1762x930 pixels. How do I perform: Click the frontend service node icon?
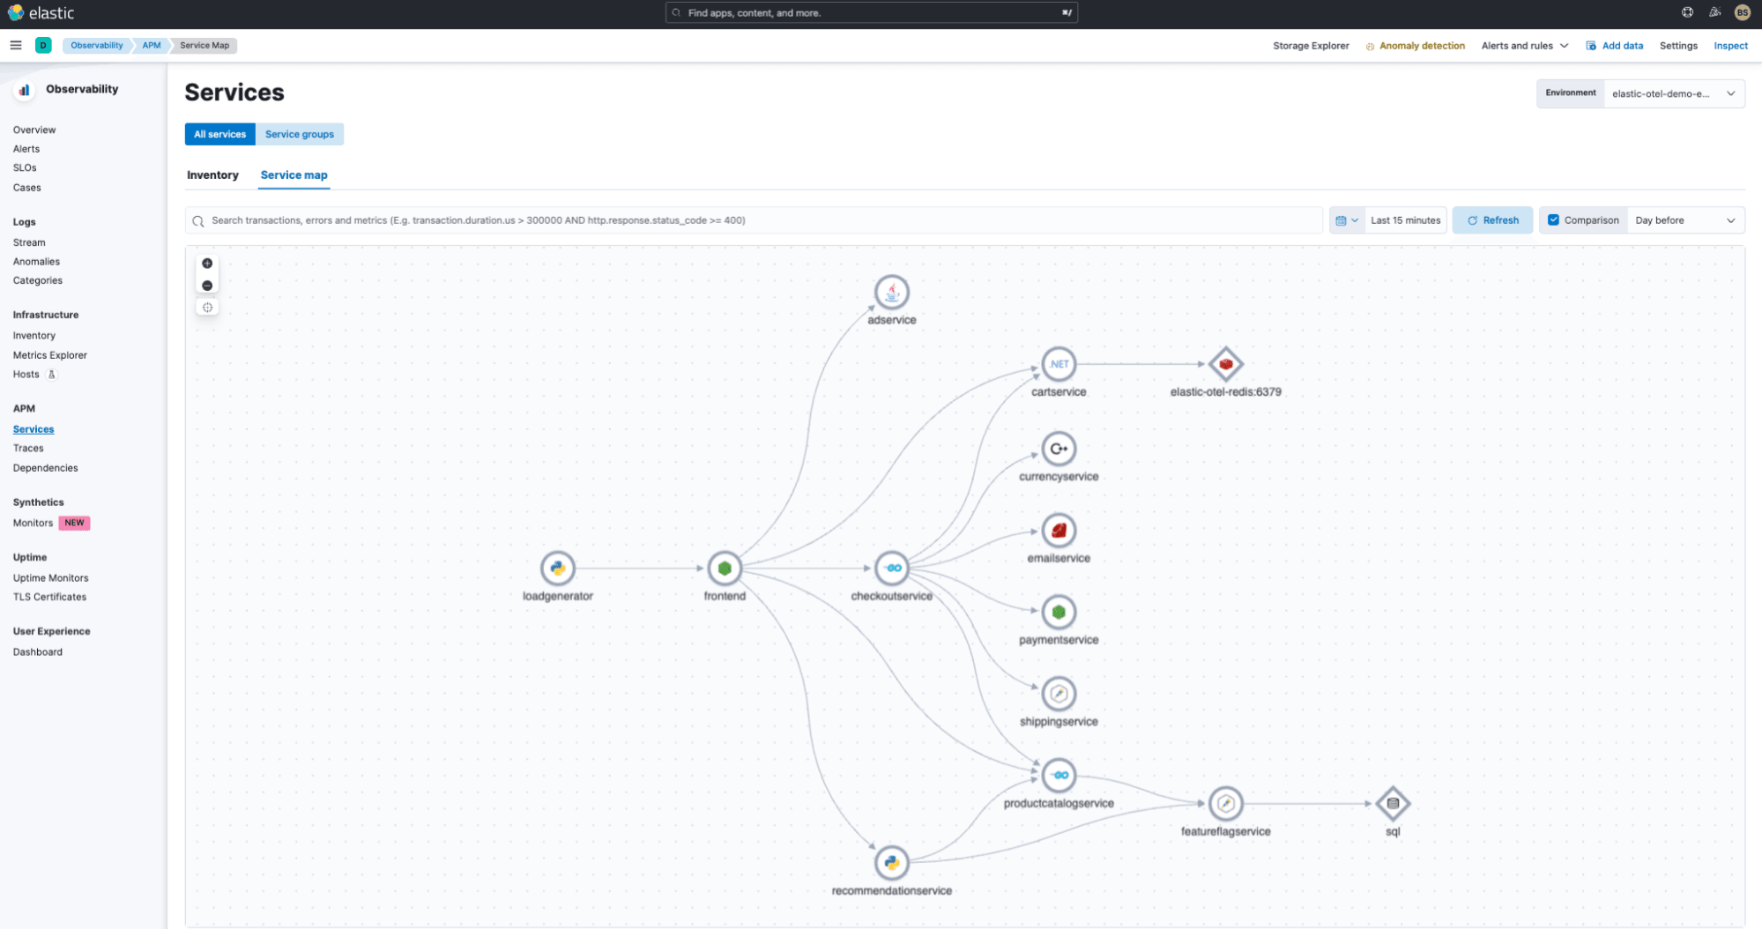725,569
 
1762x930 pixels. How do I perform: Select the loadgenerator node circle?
558,569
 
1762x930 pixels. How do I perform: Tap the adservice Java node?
892,293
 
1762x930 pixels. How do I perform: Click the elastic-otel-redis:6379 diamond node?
1225,364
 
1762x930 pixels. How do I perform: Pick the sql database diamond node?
1393,803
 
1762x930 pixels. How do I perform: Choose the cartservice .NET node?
1059,364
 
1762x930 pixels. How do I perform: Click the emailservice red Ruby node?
1059,531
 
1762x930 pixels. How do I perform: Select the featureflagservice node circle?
1225,803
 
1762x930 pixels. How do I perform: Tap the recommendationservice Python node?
892,862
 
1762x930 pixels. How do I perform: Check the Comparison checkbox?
1554,220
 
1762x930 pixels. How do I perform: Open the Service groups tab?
300,134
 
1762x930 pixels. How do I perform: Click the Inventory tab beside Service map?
212,175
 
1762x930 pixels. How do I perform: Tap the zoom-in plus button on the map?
207,264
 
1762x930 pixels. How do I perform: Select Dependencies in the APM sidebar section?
45,468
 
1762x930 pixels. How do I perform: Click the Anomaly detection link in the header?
1422,46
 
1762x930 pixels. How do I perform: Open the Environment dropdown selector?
1673,93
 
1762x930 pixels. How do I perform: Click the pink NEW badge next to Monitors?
74,523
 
